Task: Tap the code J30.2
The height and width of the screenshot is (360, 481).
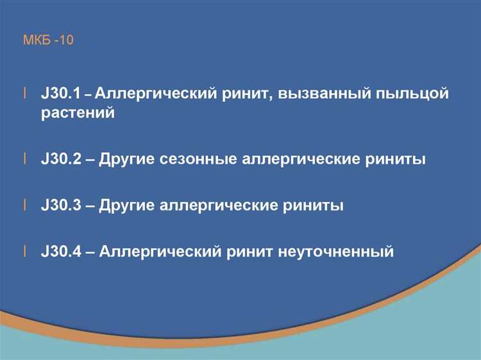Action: [x=60, y=159]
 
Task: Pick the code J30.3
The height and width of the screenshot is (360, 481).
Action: [x=60, y=205]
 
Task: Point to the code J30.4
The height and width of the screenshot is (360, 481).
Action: [x=60, y=252]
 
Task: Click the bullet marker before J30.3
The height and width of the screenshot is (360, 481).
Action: [x=25, y=205]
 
